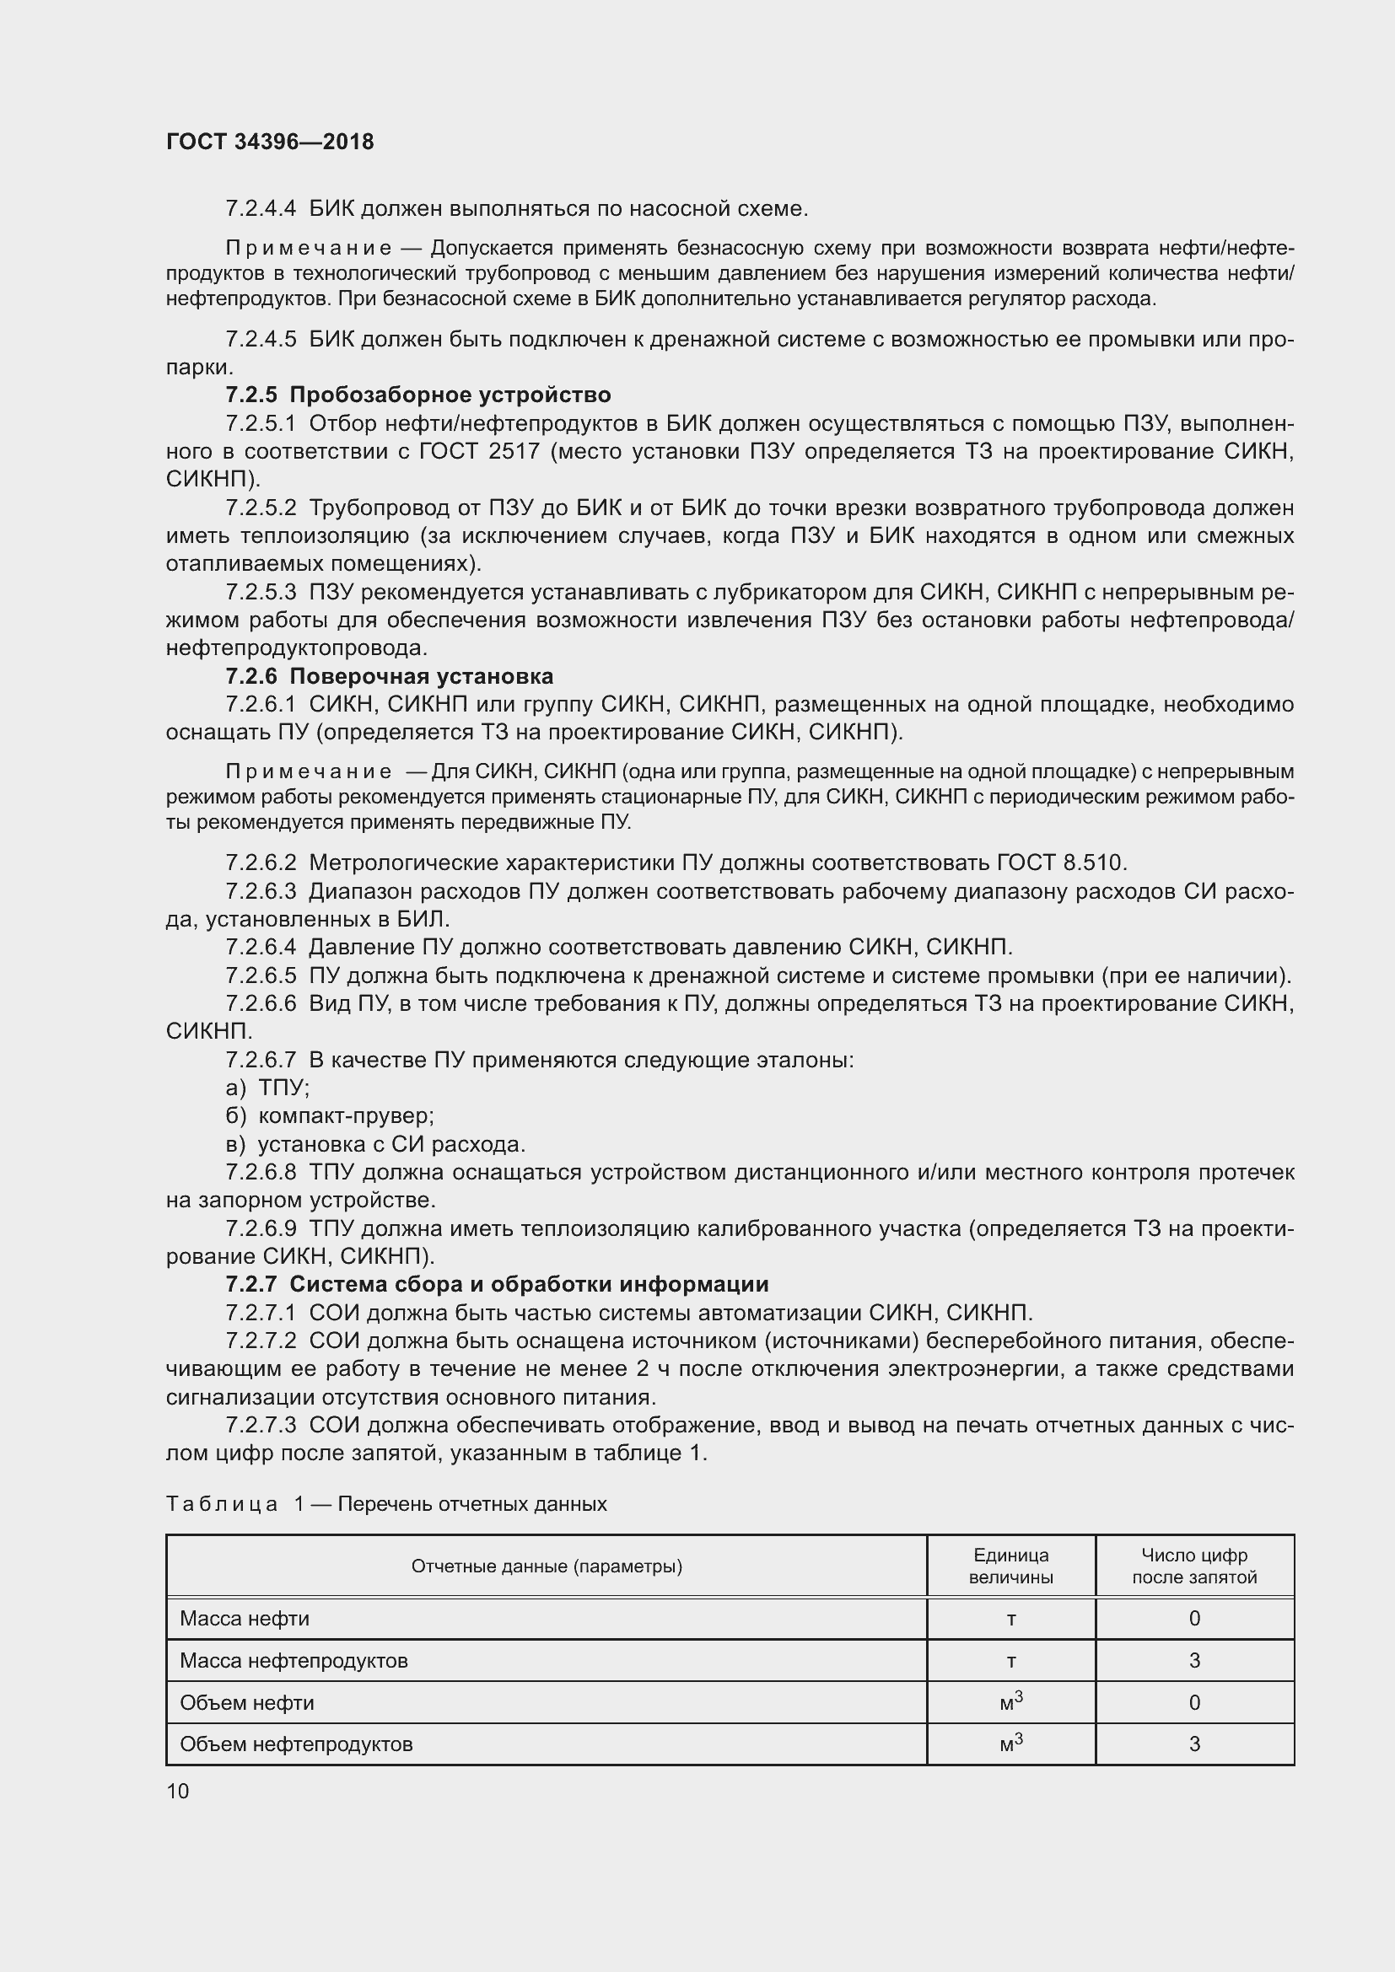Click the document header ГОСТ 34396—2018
coord(270,142)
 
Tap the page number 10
coord(178,1790)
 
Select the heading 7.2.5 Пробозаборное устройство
coord(418,395)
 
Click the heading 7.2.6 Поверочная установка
coord(389,676)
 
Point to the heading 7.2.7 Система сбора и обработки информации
coord(497,1284)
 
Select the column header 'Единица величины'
coord(1010,1566)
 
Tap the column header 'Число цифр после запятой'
coord(1194,1566)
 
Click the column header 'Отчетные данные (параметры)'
coord(547,1566)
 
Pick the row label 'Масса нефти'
coord(245,1618)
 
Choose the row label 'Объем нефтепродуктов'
coord(296,1744)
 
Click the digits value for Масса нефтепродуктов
coord(1194,1660)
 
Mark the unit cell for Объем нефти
coord(1010,1701)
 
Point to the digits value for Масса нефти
coord(1194,1618)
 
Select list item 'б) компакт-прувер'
coord(330,1115)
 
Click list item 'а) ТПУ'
coord(267,1088)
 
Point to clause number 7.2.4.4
coord(261,209)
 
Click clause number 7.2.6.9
coord(261,1228)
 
